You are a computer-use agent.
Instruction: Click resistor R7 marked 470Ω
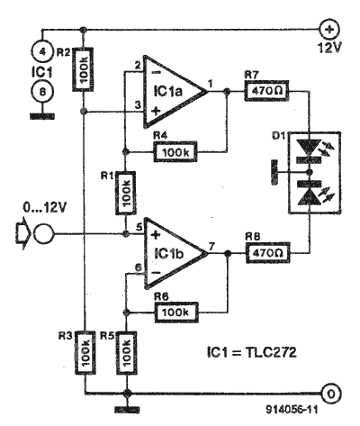(x=266, y=90)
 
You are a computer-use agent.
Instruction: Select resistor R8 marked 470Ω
(x=268, y=252)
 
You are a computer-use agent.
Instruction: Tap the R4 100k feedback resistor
(x=175, y=151)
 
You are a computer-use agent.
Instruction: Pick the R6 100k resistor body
(x=176, y=312)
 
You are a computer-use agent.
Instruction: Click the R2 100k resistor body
(x=83, y=69)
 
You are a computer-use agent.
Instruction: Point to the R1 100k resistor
(x=125, y=193)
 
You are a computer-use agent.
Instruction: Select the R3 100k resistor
(x=85, y=353)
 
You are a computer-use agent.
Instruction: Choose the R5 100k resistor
(x=126, y=353)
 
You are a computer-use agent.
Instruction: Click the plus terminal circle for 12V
(x=329, y=30)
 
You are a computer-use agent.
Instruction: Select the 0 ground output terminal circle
(x=330, y=394)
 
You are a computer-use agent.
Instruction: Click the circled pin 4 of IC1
(x=42, y=51)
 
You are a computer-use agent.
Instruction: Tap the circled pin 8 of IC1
(x=42, y=91)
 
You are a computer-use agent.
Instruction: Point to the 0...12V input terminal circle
(x=44, y=233)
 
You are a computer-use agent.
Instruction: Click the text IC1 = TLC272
(x=252, y=352)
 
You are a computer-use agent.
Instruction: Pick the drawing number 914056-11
(x=292, y=410)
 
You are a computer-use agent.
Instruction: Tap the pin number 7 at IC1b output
(x=211, y=247)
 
